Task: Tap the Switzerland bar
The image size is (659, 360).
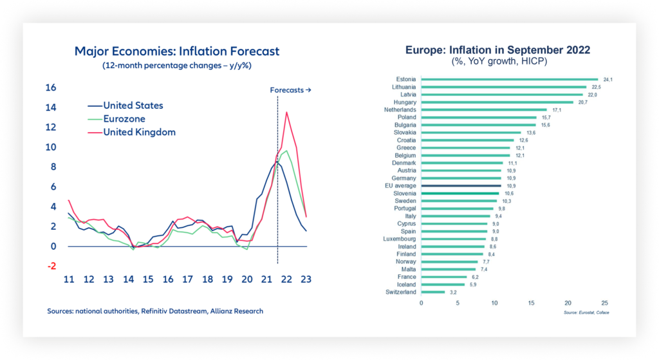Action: (x=433, y=292)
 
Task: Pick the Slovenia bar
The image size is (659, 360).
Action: (x=460, y=193)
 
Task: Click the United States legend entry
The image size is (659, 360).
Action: (x=133, y=106)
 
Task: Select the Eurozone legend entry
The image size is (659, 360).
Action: (x=124, y=119)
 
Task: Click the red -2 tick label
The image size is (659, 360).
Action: (x=51, y=266)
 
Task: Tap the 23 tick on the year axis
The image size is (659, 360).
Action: (x=306, y=280)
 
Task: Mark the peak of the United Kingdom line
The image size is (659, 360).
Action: (x=286, y=112)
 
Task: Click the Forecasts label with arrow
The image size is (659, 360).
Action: (x=290, y=90)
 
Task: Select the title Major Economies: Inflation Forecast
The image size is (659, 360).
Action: (x=177, y=51)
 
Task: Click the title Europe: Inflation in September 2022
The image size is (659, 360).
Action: (x=497, y=50)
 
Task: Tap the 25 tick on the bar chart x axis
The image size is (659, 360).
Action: (x=604, y=302)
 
